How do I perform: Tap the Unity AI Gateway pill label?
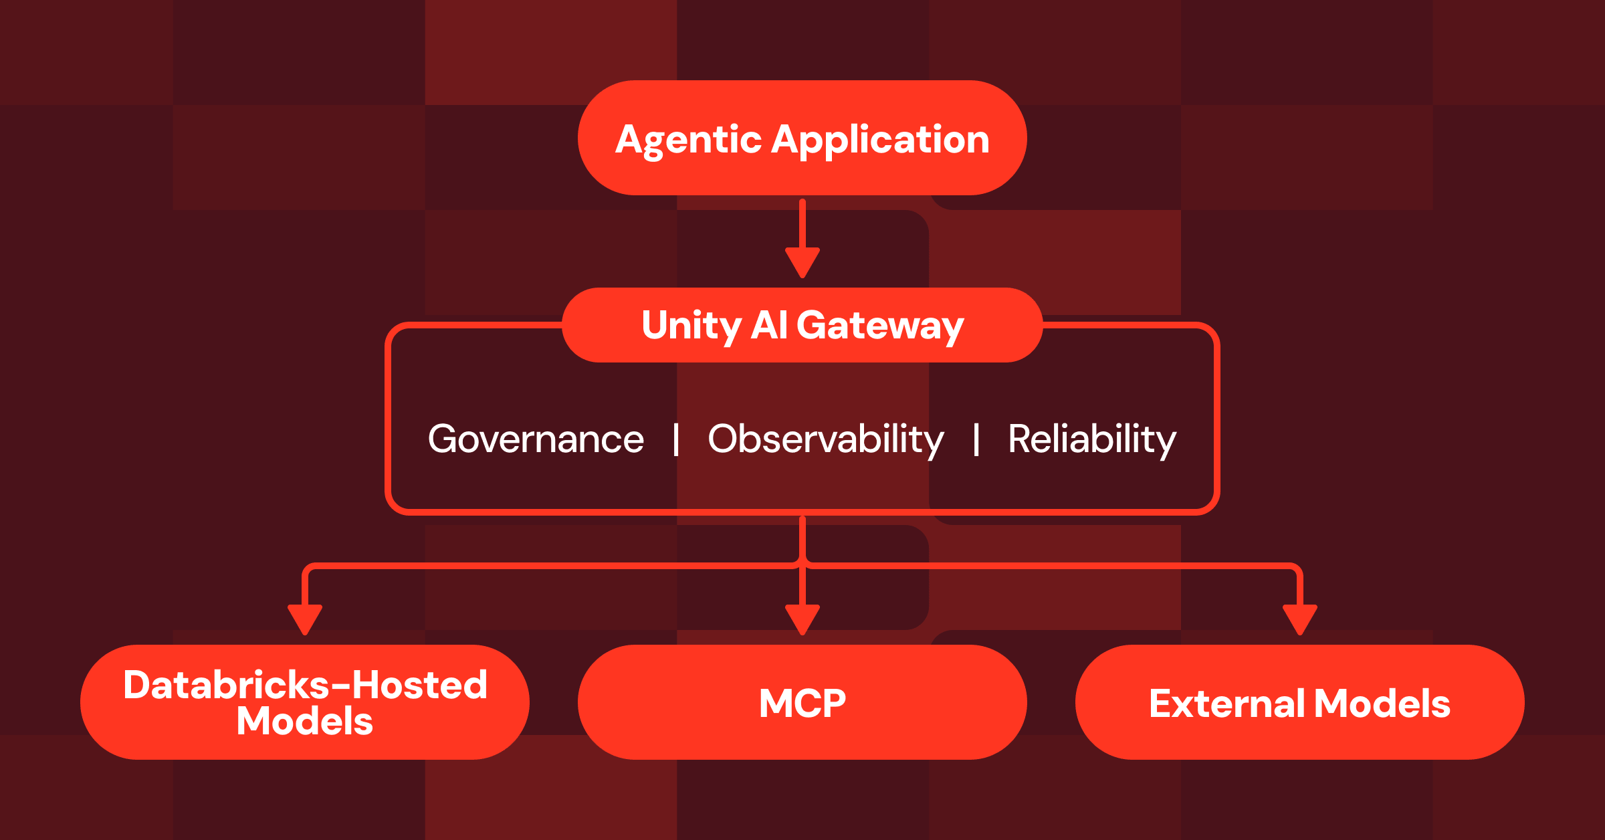tap(802, 325)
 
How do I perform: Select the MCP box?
tap(802, 702)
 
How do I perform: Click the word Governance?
tap(536, 439)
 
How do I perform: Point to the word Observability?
tap(826, 439)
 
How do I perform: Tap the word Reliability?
tap(1091, 439)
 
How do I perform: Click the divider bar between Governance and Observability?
tap(676, 439)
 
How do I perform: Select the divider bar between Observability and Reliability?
tap(976, 439)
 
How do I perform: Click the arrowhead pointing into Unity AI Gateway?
tap(802, 261)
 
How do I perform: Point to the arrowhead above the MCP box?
tap(802, 619)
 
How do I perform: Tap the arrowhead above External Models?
tap(1299, 619)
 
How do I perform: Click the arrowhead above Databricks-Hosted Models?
tap(305, 619)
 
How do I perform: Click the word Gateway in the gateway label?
tap(880, 326)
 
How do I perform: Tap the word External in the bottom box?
tap(1227, 703)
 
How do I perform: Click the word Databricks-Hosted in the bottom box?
tap(305, 685)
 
